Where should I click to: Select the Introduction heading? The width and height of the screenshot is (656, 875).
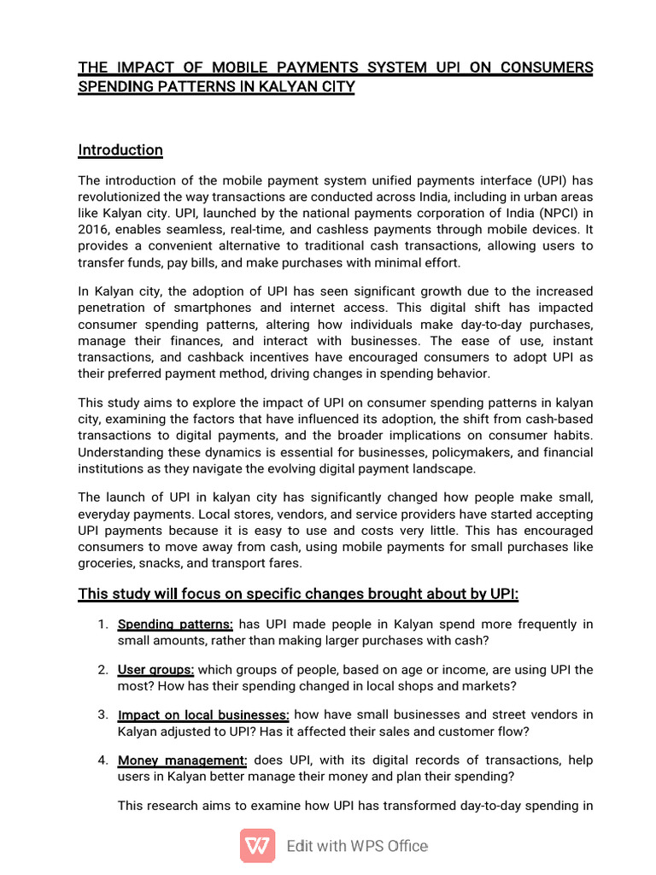coord(120,150)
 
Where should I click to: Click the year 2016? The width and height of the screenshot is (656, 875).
coord(94,230)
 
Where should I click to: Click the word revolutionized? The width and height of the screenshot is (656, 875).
coord(123,197)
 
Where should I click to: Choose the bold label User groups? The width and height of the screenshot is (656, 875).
coord(155,669)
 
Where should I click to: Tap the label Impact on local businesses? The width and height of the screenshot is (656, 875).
coord(203,714)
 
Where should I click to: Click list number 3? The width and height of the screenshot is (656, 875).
coord(102,714)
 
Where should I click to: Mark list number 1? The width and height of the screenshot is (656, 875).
coord(102,624)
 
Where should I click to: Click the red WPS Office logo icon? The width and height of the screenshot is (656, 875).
coord(257,846)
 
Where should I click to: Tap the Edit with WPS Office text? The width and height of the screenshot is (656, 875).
coord(357,847)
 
